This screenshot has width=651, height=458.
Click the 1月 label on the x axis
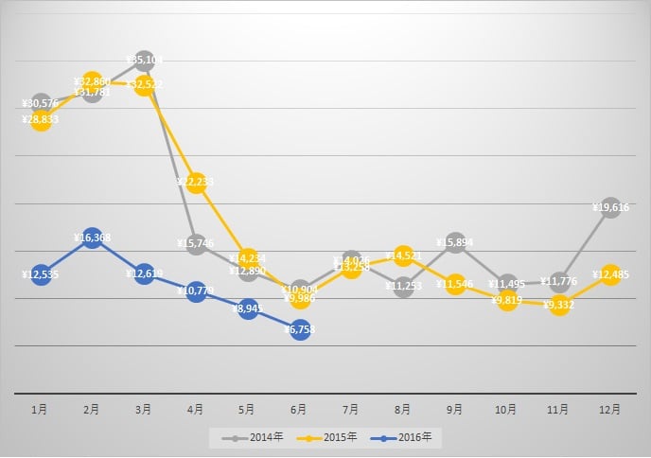40,410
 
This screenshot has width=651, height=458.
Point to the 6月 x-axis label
300,410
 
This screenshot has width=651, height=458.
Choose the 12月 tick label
610,410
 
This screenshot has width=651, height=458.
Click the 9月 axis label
455,410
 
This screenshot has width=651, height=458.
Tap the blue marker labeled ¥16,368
92,238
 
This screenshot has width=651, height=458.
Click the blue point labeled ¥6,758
300,329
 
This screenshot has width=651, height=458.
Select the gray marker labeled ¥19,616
610,207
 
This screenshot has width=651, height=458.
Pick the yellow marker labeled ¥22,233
196,183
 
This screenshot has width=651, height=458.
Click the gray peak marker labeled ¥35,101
144,61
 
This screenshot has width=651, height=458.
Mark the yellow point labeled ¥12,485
610,274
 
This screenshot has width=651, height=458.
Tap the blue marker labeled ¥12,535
40,274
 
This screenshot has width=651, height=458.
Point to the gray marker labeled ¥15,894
455,242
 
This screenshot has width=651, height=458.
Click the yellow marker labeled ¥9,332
559,305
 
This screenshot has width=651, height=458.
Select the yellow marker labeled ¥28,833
40,120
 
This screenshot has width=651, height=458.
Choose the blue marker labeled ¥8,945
248,308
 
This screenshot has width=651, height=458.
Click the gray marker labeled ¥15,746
196,244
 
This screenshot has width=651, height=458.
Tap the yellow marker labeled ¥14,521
404,255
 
